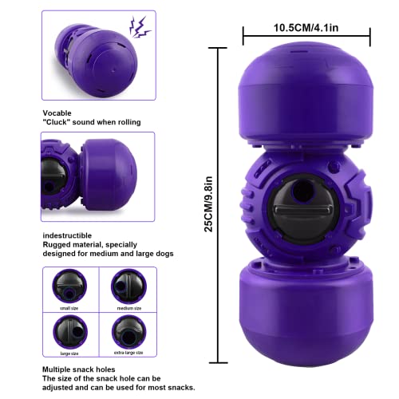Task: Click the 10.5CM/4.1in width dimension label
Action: pyautogui.click(x=306, y=26)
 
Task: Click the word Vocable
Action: pyautogui.click(x=57, y=113)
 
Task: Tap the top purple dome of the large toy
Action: pyautogui.click(x=306, y=92)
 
